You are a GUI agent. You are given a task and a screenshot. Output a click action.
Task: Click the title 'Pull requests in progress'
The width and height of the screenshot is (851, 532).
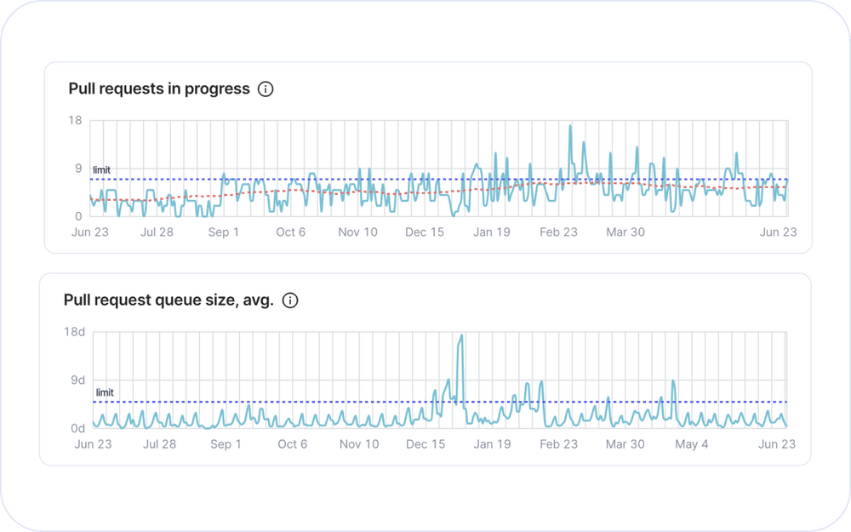[159, 89]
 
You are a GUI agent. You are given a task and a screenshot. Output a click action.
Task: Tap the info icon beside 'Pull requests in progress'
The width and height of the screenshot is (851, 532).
[266, 89]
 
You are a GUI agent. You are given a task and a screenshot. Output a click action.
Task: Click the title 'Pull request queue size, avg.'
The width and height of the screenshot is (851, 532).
[168, 300]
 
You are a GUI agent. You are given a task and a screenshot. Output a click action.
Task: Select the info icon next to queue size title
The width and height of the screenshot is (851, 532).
[290, 300]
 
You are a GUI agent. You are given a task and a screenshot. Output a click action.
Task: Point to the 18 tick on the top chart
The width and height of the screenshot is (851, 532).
[75, 121]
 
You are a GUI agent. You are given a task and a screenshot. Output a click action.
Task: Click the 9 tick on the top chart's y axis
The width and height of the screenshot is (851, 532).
[77, 169]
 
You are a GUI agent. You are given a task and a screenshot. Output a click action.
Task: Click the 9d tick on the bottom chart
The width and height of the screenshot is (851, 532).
[78, 380]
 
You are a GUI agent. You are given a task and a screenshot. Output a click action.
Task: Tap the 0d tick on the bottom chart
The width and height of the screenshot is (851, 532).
[78, 428]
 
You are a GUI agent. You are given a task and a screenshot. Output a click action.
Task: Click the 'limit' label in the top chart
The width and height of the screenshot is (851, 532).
[101, 170]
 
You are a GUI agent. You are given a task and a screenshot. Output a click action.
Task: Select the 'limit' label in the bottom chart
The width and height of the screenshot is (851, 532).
[105, 392]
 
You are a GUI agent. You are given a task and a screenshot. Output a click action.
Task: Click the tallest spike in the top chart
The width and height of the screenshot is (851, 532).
[570, 126]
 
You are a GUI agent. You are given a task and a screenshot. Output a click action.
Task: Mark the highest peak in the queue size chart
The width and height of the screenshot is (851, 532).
[461, 335]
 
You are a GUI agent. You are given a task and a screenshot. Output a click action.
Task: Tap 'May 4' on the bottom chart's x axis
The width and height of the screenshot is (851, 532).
[692, 444]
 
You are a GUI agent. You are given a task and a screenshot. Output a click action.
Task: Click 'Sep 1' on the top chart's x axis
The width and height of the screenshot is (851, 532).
[224, 232]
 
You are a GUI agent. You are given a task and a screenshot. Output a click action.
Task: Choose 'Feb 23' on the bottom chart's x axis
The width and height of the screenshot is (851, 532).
[558, 444]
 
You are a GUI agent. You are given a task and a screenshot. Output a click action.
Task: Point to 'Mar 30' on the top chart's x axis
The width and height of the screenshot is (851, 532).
[625, 232]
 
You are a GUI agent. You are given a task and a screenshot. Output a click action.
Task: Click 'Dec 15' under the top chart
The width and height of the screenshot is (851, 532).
[425, 232]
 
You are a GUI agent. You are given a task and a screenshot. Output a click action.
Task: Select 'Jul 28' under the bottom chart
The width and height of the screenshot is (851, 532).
[159, 444]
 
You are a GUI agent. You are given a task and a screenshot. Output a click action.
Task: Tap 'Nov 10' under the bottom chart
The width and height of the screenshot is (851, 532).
[359, 444]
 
